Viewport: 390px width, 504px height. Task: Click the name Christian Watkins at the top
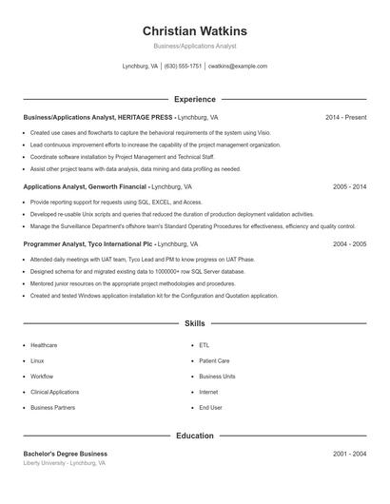coord(194,30)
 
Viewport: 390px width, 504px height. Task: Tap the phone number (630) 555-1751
coord(184,67)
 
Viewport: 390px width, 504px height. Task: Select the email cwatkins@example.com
coord(237,67)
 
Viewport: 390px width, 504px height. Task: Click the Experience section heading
coord(194,99)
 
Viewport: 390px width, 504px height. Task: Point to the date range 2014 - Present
coord(345,117)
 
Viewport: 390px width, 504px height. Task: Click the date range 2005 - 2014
coord(349,187)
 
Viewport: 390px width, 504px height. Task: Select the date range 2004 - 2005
coord(349,243)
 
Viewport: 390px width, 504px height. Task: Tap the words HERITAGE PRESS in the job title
coord(146,117)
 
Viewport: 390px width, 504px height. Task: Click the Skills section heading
coord(194,323)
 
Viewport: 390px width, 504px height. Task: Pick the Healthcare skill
coord(44,345)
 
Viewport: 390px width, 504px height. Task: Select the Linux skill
coord(37,361)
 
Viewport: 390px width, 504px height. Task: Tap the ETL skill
coord(205,345)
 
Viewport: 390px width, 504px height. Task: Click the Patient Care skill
coord(214,361)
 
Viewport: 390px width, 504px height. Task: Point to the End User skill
coord(210,407)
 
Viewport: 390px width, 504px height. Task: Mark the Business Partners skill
coord(52,407)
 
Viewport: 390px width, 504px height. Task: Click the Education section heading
coord(194,436)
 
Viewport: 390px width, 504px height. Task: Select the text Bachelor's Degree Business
coord(66,454)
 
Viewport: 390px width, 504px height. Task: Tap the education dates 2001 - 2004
coord(349,454)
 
